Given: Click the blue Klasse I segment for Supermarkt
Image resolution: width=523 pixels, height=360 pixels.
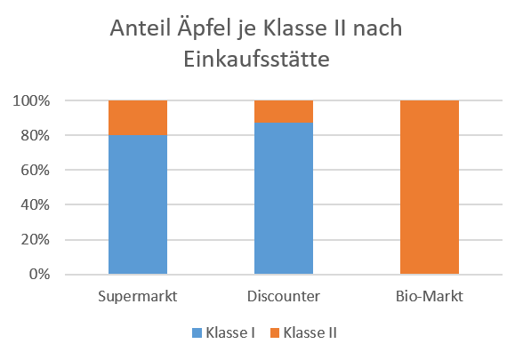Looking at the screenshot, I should [137, 204].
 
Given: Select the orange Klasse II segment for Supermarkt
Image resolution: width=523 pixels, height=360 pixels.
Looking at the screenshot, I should [137, 117].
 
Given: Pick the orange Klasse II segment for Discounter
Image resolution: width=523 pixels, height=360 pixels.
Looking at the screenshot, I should [283, 111].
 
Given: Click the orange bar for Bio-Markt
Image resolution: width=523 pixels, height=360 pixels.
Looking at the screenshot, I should [430, 188].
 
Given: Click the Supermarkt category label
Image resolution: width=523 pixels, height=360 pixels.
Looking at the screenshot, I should [137, 294].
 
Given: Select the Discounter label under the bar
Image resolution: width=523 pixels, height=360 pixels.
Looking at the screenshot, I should [283, 294].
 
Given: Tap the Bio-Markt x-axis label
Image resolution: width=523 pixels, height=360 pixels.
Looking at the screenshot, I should [430, 294].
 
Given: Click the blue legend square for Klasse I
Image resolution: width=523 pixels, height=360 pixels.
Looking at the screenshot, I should [197, 333].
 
